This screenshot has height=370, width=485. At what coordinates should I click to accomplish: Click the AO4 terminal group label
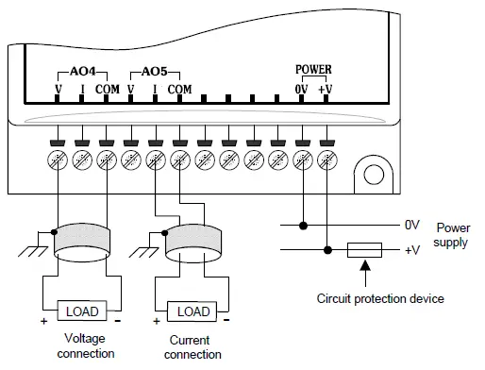[x=83, y=72]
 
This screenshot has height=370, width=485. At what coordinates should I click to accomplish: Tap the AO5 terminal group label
[x=154, y=72]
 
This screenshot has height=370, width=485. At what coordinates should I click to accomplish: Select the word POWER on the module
[x=313, y=70]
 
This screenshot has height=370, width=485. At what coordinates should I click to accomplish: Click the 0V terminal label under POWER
[x=302, y=89]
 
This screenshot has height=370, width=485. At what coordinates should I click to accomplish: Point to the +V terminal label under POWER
[x=326, y=89]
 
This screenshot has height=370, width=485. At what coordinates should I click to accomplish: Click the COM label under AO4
[x=108, y=90]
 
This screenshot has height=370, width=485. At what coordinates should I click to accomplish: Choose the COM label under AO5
[x=179, y=90]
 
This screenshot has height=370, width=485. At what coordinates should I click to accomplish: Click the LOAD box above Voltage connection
[x=82, y=310]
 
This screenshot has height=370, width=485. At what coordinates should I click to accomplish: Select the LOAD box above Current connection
[x=193, y=311]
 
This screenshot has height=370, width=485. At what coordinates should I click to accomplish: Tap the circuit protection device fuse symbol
[x=364, y=250]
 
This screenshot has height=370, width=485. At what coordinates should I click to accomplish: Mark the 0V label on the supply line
[x=411, y=227]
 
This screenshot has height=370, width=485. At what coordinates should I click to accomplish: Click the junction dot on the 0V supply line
[x=303, y=226]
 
